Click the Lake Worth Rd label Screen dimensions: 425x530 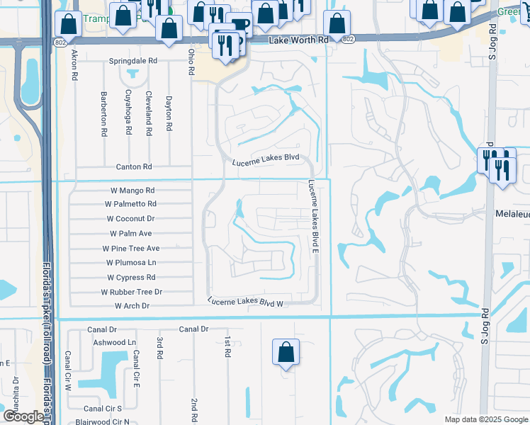pos(299,40)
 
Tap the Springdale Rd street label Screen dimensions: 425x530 pos(132,62)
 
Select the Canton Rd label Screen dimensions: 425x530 pos(134,167)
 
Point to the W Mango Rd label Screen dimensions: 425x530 pos(132,191)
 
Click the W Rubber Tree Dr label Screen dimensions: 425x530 pos(132,292)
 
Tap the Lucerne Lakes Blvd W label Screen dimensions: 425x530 pos(245,302)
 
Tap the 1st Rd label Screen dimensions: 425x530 pos(227,346)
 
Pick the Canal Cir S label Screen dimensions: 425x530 pos(103,409)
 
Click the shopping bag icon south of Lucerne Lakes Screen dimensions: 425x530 pos(286,352)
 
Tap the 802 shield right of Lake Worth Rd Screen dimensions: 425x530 pos(346,40)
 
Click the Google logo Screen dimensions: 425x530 pos(23,416)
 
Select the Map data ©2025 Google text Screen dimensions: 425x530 pos(485,419)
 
